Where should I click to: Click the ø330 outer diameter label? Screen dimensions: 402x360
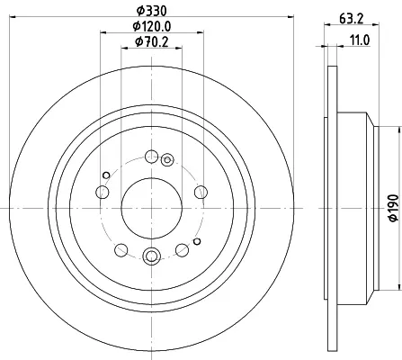(x=151, y=11)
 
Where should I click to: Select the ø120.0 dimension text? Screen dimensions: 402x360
(x=152, y=26)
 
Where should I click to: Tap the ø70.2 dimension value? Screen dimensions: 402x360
(x=152, y=42)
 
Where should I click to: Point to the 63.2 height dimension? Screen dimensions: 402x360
(x=352, y=19)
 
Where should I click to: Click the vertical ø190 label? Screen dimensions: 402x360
(x=394, y=208)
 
